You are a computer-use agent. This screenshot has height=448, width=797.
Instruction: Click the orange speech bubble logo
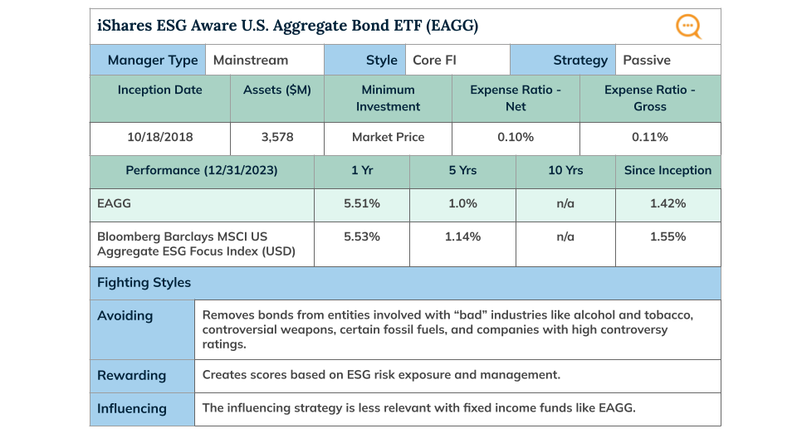pos(688,27)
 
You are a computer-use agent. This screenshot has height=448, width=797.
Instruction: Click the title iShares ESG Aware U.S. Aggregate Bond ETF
pos(287,27)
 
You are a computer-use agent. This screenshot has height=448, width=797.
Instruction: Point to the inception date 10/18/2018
pos(159,137)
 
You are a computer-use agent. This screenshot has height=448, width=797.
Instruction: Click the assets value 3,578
pos(276,137)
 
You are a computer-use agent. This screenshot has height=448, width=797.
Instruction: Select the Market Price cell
pos(388,137)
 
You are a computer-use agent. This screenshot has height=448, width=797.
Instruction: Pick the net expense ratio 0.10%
pos(516,137)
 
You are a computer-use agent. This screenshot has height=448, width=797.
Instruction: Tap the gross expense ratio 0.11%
pos(649,137)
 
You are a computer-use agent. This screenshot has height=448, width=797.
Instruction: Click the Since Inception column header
pos(667,170)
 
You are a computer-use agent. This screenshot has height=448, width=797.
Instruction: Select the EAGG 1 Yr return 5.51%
pos(362,203)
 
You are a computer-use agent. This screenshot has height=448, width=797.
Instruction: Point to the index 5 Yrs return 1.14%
pos(462,236)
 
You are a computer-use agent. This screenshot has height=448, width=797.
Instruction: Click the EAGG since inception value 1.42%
pos(667,203)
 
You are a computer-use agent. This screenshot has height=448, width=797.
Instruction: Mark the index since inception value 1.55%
pos(667,236)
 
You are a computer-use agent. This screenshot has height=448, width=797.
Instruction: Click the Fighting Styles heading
pos(144,283)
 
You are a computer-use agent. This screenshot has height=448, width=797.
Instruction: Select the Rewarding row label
pos(131,375)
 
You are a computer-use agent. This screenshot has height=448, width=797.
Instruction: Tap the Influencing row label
pos(131,408)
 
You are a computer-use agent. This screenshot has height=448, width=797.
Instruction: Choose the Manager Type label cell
pos(153,60)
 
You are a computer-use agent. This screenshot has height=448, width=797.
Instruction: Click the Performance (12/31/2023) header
pos(202,170)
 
